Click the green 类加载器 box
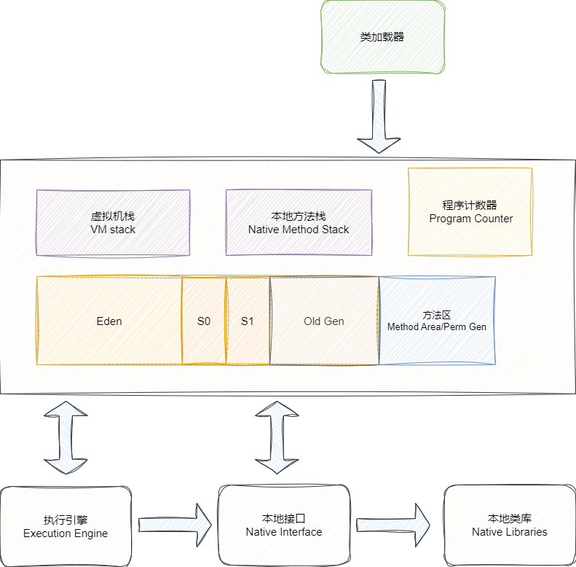tap(382, 37)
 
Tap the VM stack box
tap(113, 222)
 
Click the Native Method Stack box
tap(299, 222)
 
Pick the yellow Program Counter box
tap(470, 211)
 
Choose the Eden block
tap(109, 321)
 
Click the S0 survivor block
tap(204, 321)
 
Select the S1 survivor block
tap(248, 321)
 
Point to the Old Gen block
tap(324, 321)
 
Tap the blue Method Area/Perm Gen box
tap(437, 321)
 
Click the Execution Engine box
tap(66, 525)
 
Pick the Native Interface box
tap(284, 525)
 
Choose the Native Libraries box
tap(510, 525)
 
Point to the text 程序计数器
tap(470, 206)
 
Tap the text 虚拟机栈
tap(113, 216)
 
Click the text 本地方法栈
tap(299, 216)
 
